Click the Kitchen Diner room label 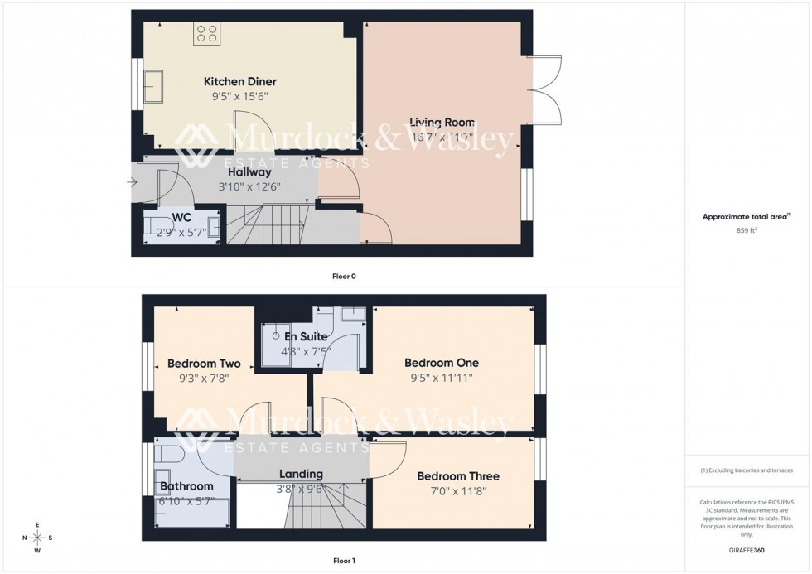pyautogui.click(x=240, y=82)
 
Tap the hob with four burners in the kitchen pyautogui.click(x=207, y=34)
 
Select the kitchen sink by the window pyautogui.click(x=155, y=84)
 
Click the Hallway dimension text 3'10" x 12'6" pyautogui.click(x=249, y=186)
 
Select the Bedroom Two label pyautogui.click(x=204, y=364)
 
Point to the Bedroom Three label pyautogui.click(x=458, y=476)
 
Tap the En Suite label pyautogui.click(x=306, y=337)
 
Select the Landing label pyautogui.click(x=301, y=474)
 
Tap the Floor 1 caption pyautogui.click(x=343, y=561)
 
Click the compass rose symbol pyautogui.click(x=38, y=537)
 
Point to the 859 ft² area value pyautogui.click(x=742, y=230)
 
